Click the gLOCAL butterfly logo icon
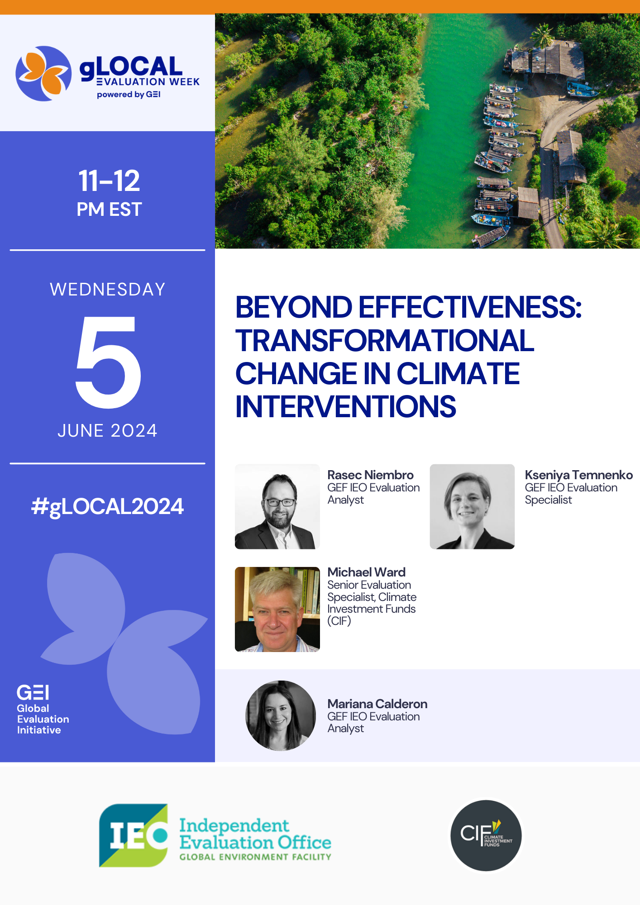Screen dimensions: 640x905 click(x=43, y=73)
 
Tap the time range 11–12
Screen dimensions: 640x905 click(x=109, y=181)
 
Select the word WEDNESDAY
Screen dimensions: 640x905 click(x=108, y=290)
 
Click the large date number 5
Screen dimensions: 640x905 click(x=108, y=362)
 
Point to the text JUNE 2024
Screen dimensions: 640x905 click(x=107, y=431)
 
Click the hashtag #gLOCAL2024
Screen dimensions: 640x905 click(x=107, y=506)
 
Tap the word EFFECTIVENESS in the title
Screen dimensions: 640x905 click(x=470, y=307)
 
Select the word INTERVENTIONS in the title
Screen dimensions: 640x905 click(x=346, y=406)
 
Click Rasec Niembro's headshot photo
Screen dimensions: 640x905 click(x=277, y=506)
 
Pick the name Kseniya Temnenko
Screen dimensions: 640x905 click(x=579, y=475)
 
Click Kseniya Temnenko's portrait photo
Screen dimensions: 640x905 click(x=472, y=506)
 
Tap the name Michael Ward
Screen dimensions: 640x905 click(x=367, y=572)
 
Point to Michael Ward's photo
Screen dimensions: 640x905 click(x=277, y=609)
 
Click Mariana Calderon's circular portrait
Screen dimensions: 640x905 click(x=281, y=715)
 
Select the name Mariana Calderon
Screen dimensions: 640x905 click(x=377, y=704)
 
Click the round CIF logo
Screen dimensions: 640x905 click(x=486, y=835)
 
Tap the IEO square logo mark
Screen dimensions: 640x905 click(x=134, y=835)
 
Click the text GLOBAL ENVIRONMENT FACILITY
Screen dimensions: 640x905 click(x=255, y=857)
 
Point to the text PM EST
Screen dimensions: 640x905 click(x=109, y=210)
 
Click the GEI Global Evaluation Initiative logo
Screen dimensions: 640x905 click(x=43, y=709)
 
